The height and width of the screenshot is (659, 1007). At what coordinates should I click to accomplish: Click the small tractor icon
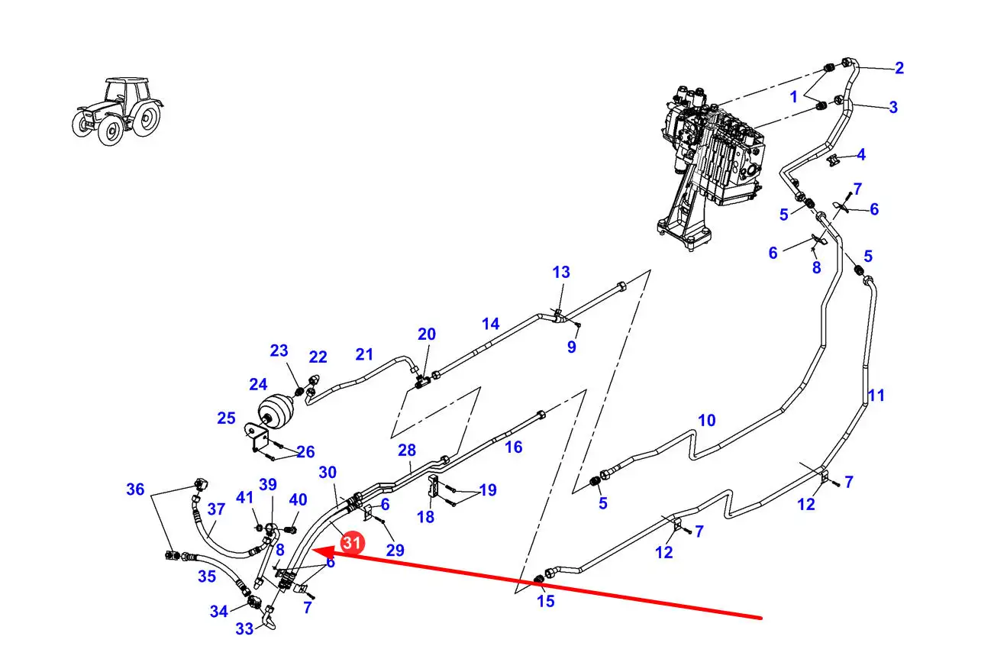point(118,110)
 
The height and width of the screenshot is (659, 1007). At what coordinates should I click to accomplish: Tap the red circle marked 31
point(351,543)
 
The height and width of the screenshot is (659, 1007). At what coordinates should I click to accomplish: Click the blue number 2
point(899,68)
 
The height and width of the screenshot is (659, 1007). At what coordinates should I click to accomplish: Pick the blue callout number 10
point(706,420)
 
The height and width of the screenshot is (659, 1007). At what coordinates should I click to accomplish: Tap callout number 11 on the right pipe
point(876,396)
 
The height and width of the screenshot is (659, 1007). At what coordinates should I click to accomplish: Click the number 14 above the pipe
point(490,324)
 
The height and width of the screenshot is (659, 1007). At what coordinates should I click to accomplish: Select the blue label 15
point(545,601)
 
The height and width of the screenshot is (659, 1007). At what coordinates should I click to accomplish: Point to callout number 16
point(514,447)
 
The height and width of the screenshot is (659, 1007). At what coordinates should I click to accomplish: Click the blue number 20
point(426,334)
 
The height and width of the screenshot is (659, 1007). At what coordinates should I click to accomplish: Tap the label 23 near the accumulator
point(279,350)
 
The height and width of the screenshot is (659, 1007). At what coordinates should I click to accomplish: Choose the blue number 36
point(135,489)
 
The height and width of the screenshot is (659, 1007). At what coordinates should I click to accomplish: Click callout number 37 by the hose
point(216,509)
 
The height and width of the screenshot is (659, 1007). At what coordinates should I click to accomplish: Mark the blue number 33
point(244,629)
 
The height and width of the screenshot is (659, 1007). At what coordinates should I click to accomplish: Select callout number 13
point(561,273)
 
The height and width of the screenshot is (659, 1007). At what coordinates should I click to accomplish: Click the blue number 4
point(860,155)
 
